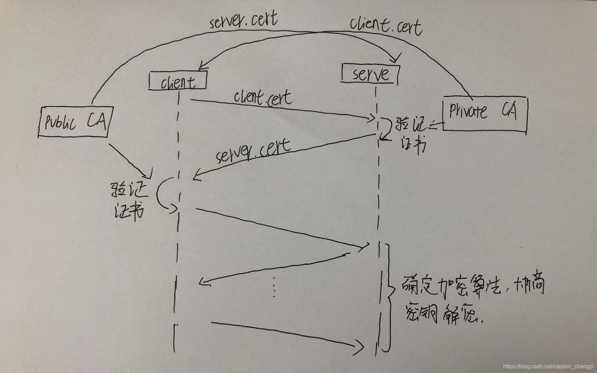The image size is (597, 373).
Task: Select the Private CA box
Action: [x=484, y=114]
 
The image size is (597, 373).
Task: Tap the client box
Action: [x=178, y=82]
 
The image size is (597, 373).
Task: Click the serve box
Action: [x=370, y=74]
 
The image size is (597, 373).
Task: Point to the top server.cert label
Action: [x=243, y=21]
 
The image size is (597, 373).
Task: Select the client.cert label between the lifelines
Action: [x=263, y=97]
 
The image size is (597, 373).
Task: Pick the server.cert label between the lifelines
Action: [x=252, y=151]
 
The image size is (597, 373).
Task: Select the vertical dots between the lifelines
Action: [x=274, y=287]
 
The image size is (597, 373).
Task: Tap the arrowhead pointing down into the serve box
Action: [x=397, y=58]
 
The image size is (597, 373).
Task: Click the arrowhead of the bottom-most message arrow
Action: [x=360, y=345]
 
